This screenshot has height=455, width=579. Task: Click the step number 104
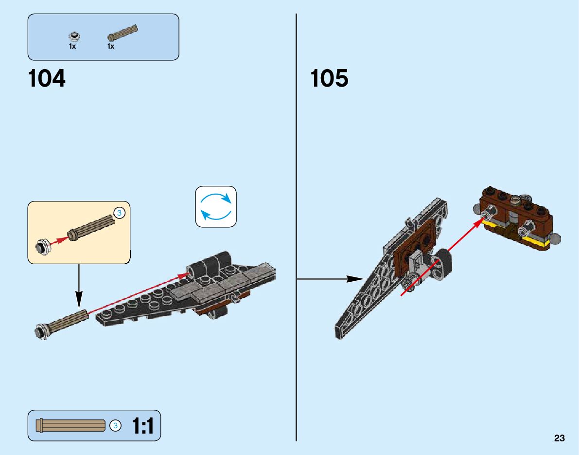(x=47, y=78)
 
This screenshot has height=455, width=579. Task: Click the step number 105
(x=329, y=78)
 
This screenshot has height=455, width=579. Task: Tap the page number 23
(x=559, y=438)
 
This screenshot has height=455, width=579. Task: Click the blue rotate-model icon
(x=216, y=206)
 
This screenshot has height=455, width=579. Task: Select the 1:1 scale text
(x=142, y=426)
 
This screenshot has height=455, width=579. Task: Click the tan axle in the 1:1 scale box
(x=73, y=426)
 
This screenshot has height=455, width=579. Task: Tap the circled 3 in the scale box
(x=115, y=426)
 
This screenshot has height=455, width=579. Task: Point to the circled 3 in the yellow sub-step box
(x=120, y=212)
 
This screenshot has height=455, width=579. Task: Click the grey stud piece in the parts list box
(x=74, y=36)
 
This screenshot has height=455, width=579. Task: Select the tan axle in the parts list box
(x=123, y=32)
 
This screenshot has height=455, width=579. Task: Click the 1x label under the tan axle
(x=111, y=47)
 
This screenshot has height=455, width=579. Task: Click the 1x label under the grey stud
(x=72, y=47)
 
